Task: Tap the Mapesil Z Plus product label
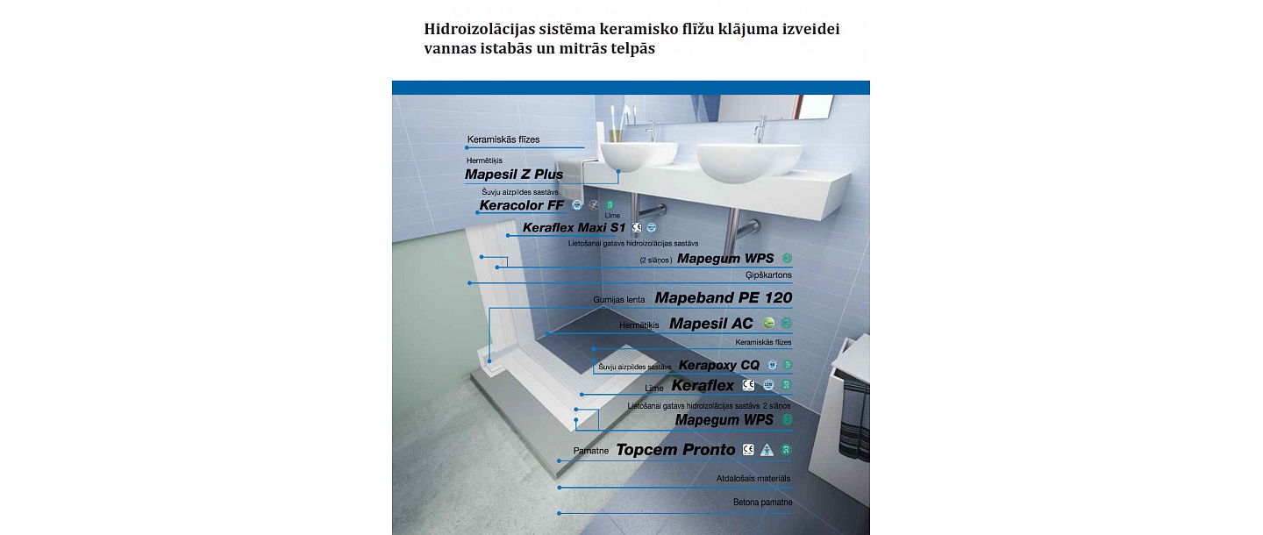pos(514,175)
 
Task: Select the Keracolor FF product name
pos(522,206)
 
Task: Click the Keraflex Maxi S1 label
pos(574,228)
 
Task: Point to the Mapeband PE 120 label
pos(723,298)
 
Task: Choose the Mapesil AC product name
pos(710,324)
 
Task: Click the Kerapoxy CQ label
pos(718,365)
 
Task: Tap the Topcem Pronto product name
pos(675,450)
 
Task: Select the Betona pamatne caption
pos(762,503)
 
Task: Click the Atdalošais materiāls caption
pos(753,478)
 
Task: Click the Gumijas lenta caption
pos(618,300)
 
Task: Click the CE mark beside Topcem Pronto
pos(748,450)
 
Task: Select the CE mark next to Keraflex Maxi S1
pos(637,228)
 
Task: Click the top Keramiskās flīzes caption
pos(503,139)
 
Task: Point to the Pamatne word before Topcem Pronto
pos(592,451)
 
